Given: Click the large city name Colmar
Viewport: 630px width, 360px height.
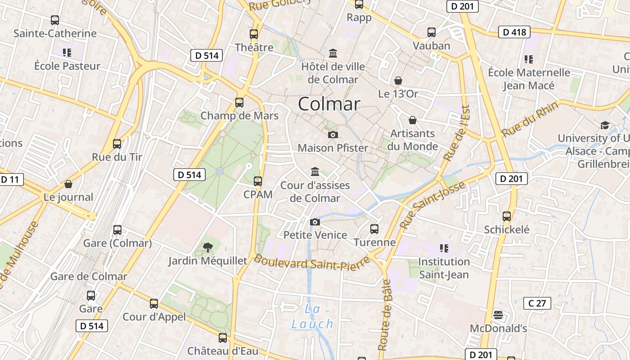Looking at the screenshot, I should click(x=329, y=104).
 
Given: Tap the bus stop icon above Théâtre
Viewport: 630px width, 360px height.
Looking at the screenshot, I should click(x=254, y=34).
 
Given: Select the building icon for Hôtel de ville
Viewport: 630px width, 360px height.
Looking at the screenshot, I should click(x=333, y=54).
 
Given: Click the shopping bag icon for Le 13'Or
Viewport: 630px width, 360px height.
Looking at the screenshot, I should click(x=398, y=81).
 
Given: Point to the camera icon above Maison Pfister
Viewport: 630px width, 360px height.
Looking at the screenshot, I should click(x=333, y=135).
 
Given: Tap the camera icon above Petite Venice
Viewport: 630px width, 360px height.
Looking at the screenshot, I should click(x=315, y=222).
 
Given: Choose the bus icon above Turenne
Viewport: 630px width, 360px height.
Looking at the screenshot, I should click(x=374, y=229).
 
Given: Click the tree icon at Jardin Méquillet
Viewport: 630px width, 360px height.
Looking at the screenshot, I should click(x=207, y=247).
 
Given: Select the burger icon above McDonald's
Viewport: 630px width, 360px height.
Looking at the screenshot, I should click(x=498, y=315).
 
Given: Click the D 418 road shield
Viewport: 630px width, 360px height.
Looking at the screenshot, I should click(x=514, y=32).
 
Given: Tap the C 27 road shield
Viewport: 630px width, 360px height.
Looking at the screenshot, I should click(x=537, y=303).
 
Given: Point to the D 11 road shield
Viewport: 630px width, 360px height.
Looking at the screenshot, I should click(x=10, y=180).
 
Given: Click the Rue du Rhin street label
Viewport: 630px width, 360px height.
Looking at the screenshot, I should click(x=530, y=119).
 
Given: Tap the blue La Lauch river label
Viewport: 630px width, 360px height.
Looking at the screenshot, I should click(x=312, y=317).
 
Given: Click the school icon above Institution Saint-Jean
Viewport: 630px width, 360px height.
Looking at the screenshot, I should click(x=444, y=248).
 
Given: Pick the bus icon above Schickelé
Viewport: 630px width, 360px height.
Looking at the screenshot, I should click(x=507, y=216).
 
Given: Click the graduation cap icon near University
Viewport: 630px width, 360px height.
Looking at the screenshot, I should click(x=605, y=125).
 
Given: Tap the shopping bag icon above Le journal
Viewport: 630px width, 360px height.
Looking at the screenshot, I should click(x=68, y=184).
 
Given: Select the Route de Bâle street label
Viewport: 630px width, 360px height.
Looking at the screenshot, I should click(x=384, y=315).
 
